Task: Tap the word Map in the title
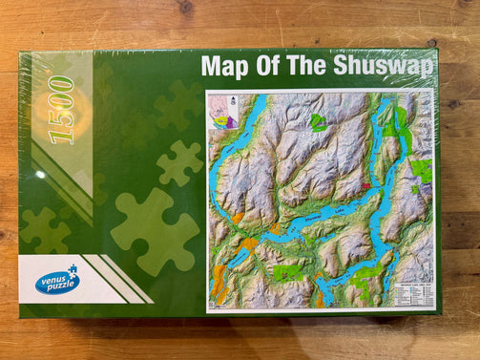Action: (224, 67)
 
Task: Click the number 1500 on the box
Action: (61, 111)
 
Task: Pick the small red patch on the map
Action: (365, 186)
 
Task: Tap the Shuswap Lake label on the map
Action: (296, 222)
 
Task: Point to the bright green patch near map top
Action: (318, 122)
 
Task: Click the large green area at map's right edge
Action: (420, 171)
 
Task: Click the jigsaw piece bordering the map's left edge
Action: (182, 163)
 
